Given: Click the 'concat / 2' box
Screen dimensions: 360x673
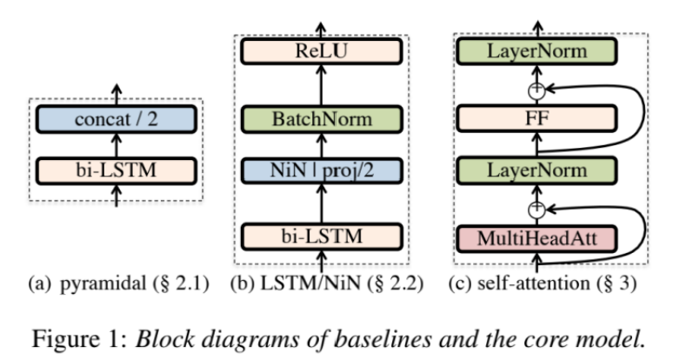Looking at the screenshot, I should coord(117,117).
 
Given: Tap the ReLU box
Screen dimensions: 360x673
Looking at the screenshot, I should coord(323,53).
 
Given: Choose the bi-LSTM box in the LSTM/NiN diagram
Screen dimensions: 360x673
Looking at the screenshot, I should coord(323,236).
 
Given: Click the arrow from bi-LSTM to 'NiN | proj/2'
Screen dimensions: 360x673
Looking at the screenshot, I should coord(323,201).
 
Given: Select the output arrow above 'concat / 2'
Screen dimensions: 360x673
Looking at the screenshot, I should coord(117,90).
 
